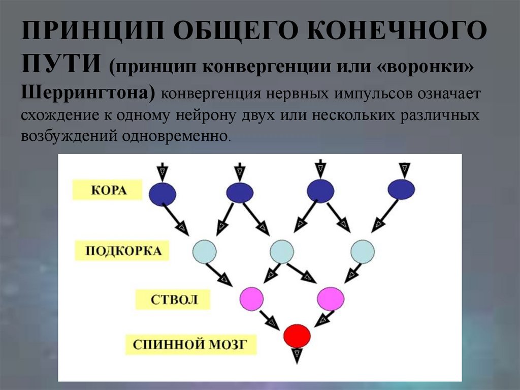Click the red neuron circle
(297, 335)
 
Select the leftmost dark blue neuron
(162, 193)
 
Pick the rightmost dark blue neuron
(401, 190)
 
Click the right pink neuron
(331, 298)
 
